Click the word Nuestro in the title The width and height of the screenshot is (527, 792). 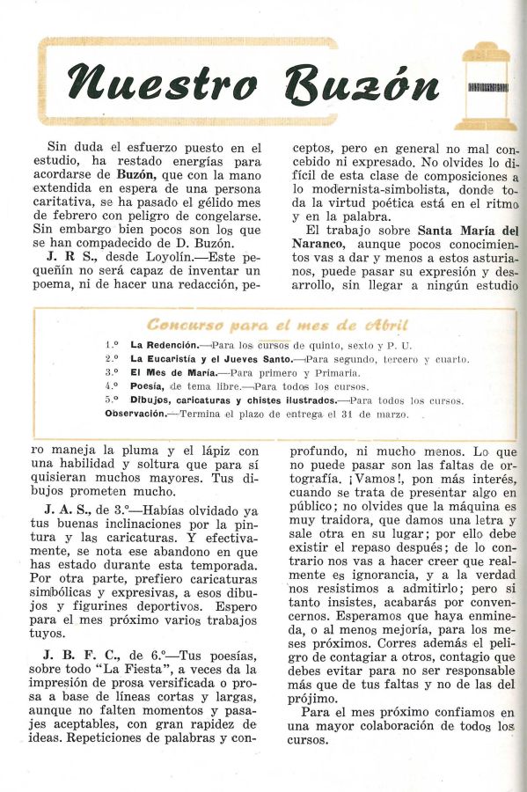(x=164, y=84)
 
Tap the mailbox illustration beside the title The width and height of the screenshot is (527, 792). (x=485, y=85)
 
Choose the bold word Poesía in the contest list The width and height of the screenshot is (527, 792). (x=146, y=385)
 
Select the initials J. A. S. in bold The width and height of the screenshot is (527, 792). (x=70, y=510)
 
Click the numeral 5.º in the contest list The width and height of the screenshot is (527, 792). (x=112, y=400)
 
